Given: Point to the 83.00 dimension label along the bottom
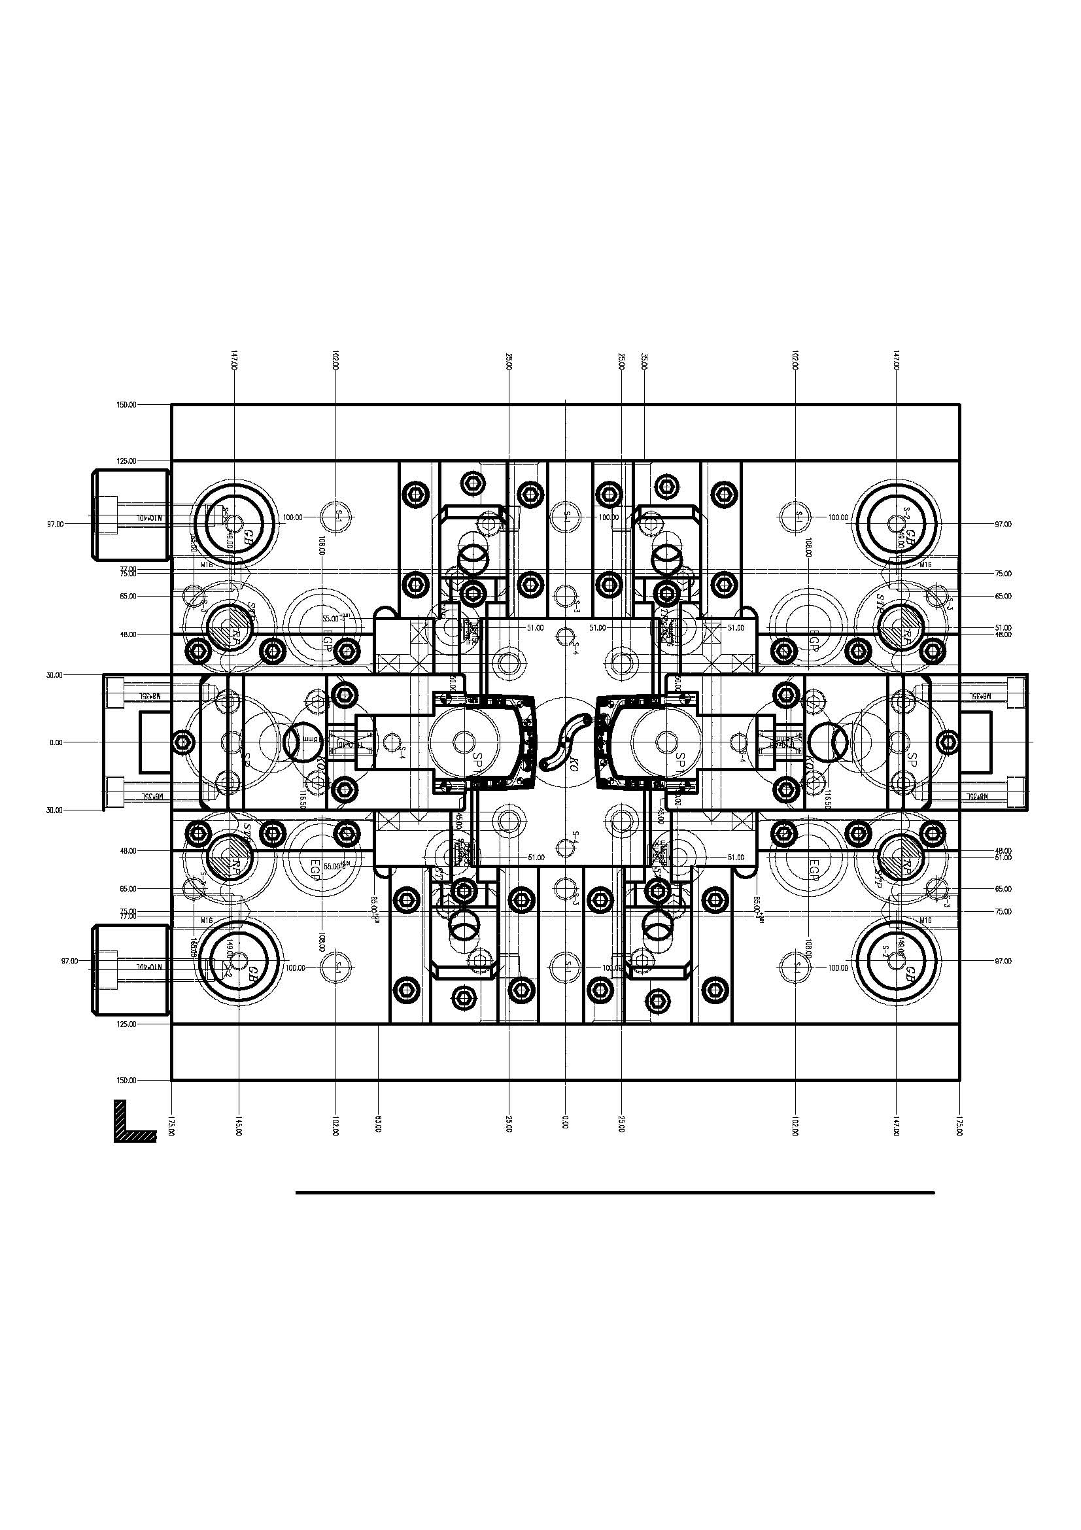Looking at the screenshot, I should pos(377,1124).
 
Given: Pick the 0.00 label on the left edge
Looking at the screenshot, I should pos(56,742).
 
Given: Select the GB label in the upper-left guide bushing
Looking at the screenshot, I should pos(249,536).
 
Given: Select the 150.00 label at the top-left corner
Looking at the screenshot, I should pos(127,404).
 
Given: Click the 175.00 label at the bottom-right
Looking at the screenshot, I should pos(959,1124).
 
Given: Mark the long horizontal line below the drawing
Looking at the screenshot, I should pos(615,1193).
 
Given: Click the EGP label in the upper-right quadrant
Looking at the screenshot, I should pos(814,640).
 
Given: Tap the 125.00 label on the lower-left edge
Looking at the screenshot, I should pos(127,1024).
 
